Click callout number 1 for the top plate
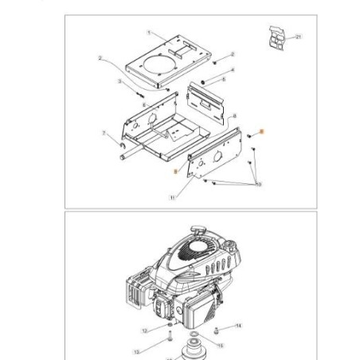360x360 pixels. click(x=148, y=32)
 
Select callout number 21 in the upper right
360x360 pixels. click(x=299, y=37)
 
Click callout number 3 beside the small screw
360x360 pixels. click(x=119, y=81)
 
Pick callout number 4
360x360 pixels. click(x=233, y=70)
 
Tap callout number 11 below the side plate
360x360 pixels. click(x=172, y=197)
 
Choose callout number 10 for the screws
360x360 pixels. click(x=257, y=184)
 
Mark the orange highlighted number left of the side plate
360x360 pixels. click(x=175, y=170)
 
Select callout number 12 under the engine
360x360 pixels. click(x=144, y=329)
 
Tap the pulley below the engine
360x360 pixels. click(x=193, y=351)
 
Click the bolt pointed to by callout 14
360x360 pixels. click(x=217, y=327)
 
